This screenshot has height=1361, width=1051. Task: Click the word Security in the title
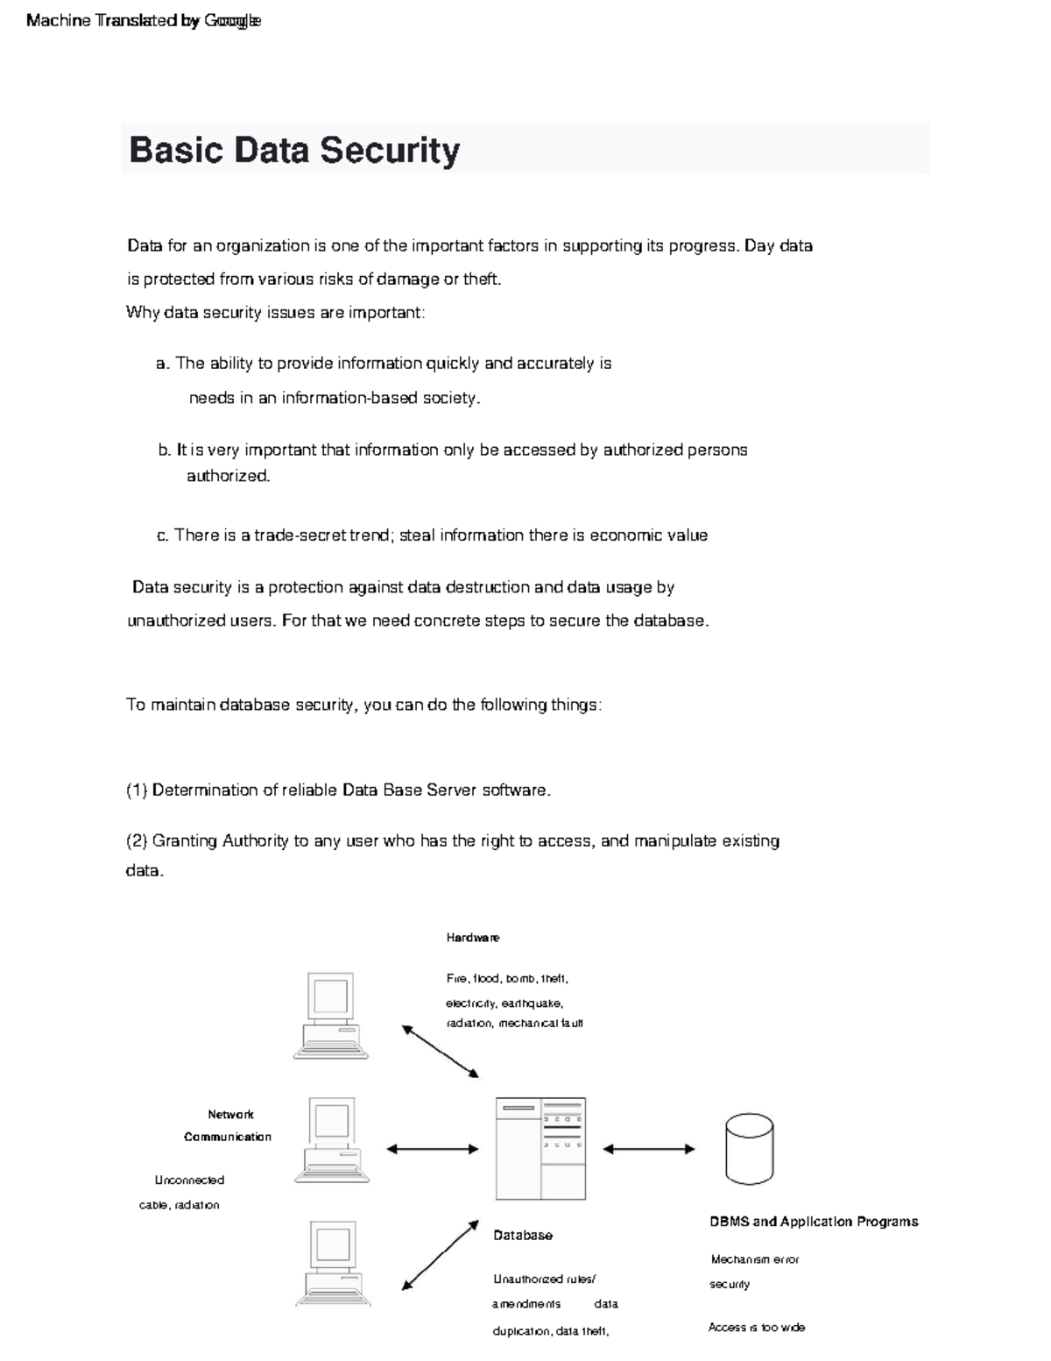390,150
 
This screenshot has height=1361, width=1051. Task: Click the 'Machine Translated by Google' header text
144,20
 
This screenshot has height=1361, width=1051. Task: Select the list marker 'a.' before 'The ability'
163,364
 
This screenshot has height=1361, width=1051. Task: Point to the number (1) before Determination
138,790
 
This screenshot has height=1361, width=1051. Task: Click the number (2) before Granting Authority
138,841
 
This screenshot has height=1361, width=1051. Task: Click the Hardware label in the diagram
473,938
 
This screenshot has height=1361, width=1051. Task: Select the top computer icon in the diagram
331,1015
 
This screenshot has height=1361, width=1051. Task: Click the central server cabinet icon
540,1148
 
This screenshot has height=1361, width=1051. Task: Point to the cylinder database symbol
750,1149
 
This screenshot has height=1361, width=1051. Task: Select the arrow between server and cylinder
649,1149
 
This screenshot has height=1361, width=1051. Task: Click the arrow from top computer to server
441,1052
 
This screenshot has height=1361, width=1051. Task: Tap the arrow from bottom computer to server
441,1254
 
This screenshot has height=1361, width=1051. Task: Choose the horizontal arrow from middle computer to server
433,1149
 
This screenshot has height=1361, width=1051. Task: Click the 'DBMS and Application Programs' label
814,1222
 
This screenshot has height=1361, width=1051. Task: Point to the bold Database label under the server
523,1236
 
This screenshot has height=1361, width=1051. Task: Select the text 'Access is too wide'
757,1328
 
